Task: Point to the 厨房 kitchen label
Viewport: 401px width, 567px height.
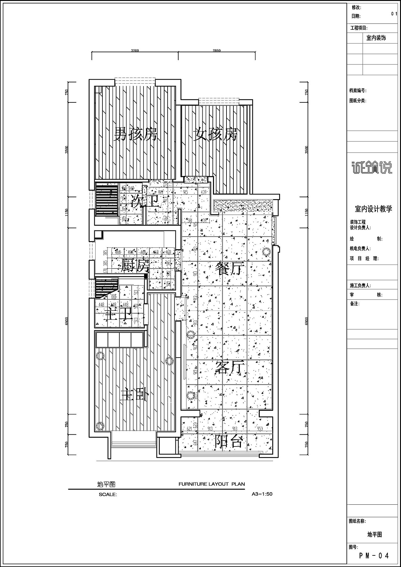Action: point(135,266)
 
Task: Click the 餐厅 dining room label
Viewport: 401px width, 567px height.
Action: point(230,268)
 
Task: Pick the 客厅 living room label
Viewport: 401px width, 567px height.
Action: point(230,367)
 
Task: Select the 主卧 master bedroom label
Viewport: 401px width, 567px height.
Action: point(135,394)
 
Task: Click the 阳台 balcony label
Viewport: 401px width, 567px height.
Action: point(229,442)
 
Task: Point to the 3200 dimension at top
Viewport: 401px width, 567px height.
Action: point(135,50)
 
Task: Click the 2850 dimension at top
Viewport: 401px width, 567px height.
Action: point(216,50)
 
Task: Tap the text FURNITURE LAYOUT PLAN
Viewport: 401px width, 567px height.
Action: point(212,484)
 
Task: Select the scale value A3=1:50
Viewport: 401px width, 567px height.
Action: point(262,494)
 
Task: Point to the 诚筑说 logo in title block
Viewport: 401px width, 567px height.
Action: point(372,168)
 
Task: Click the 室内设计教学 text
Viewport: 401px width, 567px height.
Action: point(373,209)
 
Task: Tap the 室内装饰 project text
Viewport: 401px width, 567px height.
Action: point(376,38)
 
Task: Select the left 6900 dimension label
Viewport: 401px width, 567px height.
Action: point(67,321)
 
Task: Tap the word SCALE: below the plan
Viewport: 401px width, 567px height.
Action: point(108,494)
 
